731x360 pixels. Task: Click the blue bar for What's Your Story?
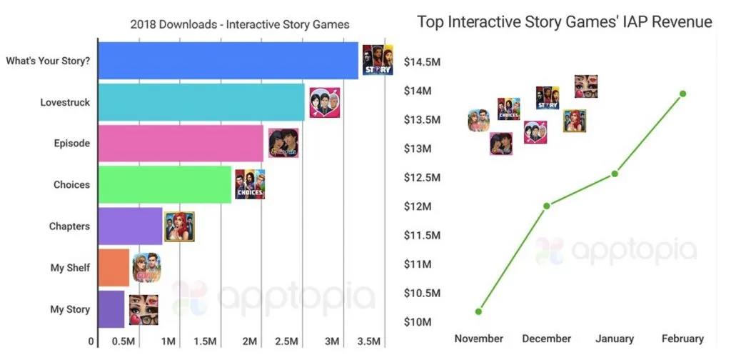pos(228,60)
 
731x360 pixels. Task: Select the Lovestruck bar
pos(201,102)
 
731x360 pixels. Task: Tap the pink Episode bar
pos(181,143)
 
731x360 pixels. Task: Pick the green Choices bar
pos(165,184)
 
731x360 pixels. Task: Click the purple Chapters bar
pos(130,226)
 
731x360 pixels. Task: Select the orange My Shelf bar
pos(114,268)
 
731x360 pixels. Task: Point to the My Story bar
pos(111,309)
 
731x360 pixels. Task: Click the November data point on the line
pos(478,311)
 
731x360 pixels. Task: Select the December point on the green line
pos(547,206)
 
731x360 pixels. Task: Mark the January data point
pos(615,174)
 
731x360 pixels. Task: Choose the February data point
pos(683,94)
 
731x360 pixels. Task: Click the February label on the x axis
pos(682,339)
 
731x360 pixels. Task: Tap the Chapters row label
pos(69,226)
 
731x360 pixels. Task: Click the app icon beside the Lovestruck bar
pos(324,103)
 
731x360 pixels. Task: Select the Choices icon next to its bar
pos(250,184)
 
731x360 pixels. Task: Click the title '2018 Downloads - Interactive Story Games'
pos(240,24)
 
